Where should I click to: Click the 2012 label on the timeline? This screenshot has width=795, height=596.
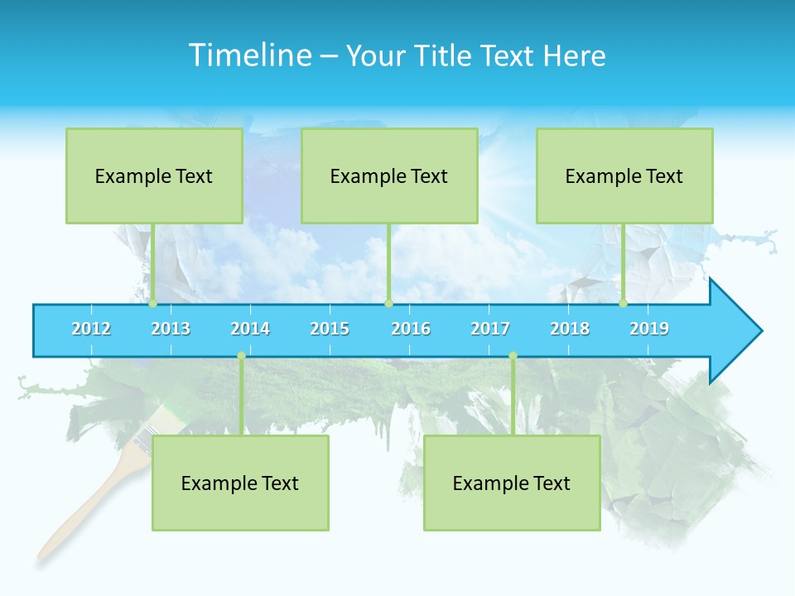[91, 329]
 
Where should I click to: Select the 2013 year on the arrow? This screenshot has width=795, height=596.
[171, 329]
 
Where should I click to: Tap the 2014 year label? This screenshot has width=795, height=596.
[250, 329]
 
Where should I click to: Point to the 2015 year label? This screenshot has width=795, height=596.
[330, 329]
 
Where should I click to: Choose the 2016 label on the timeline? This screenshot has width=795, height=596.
[411, 329]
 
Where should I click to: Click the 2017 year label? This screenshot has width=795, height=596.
[490, 329]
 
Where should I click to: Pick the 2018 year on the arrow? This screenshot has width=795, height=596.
[570, 329]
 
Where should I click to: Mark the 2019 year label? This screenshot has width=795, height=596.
[649, 329]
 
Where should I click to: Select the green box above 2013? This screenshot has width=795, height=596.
[154, 175]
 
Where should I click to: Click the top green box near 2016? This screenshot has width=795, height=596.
[389, 175]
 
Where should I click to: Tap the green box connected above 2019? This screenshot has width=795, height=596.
[624, 175]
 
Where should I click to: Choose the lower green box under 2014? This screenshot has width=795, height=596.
[240, 483]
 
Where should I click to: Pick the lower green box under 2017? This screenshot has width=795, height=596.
[512, 483]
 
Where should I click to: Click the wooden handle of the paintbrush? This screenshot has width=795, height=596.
[83, 505]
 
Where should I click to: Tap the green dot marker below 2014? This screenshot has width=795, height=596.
[241, 356]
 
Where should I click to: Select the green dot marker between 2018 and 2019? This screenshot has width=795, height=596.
[623, 303]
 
